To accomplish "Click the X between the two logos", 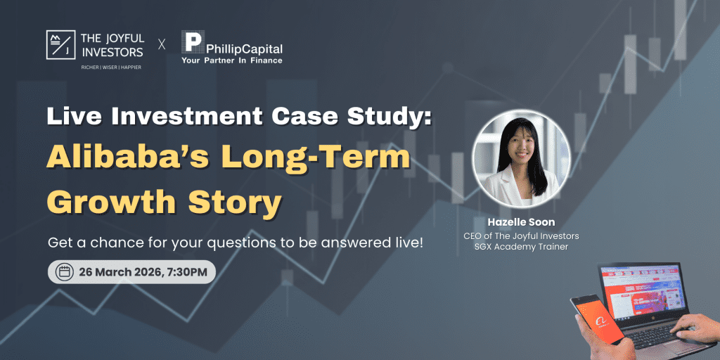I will pyautogui.click(x=162, y=44).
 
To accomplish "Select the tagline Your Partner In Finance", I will pyautogui.click(x=231, y=60).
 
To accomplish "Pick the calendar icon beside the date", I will pyautogui.click(x=64, y=271).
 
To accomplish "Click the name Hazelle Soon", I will pyautogui.click(x=521, y=222).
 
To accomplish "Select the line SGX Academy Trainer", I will pyautogui.click(x=521, y=248).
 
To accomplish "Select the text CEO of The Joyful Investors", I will pyautogui.click(x=521, y=236).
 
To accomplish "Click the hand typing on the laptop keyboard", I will pyautogui.click(x=693, y=327).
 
